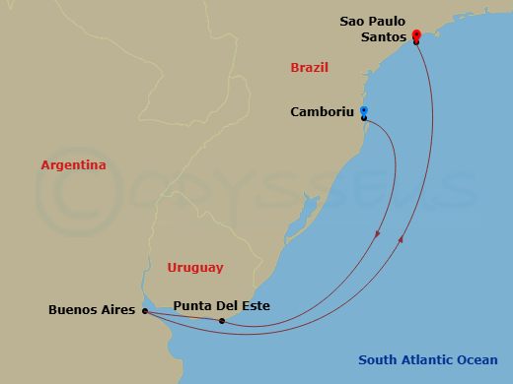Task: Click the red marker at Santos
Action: point(416,35)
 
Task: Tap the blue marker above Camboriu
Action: point(364,110)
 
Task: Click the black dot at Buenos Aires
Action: point(144,311)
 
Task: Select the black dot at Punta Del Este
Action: point(222,321)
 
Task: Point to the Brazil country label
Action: point(309,68)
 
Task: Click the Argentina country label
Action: point(73,166)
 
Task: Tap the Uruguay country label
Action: point(195,268)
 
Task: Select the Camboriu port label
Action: point(323,112)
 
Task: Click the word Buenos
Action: point(72,311)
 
